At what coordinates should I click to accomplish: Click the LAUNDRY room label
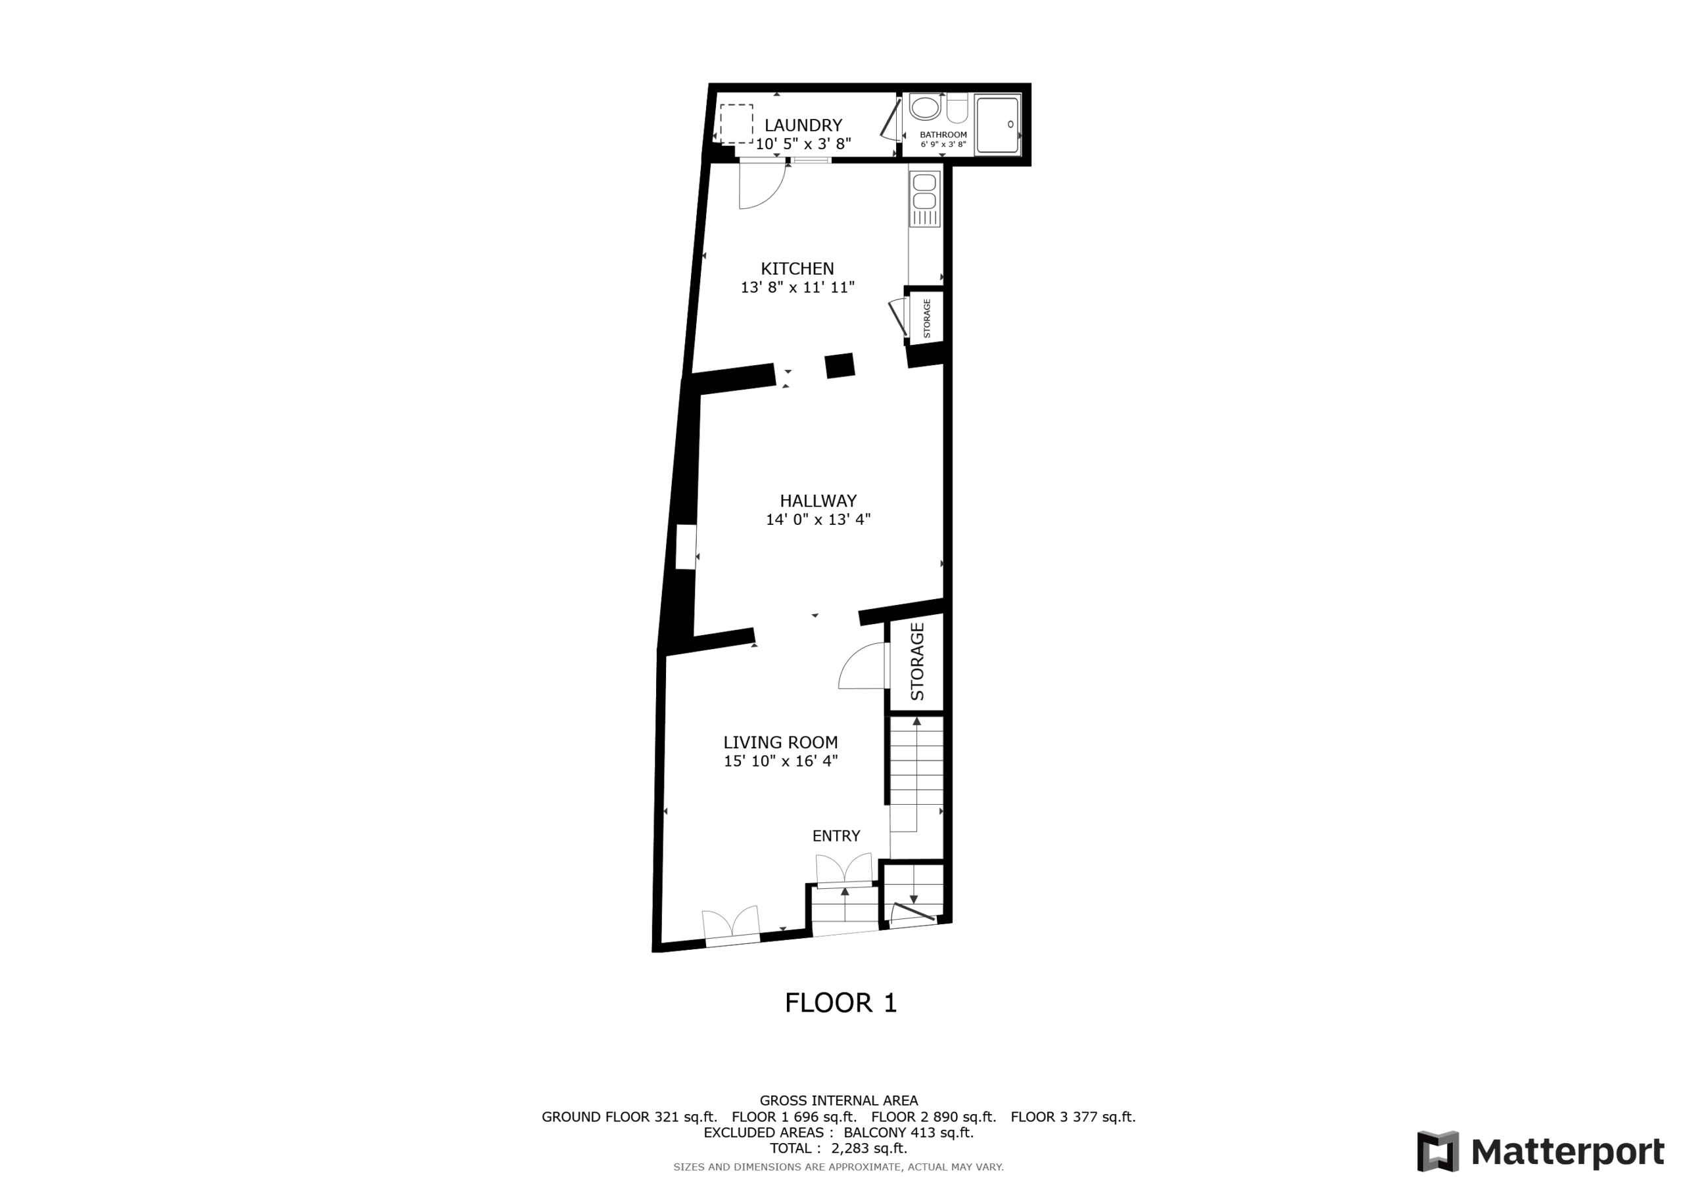click(803, 125)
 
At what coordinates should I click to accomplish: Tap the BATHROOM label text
click(943, 135)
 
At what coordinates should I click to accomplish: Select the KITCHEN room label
click(797, 269)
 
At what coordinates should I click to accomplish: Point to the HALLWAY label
click(818, 501)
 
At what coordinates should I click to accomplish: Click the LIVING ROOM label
click(780, 742)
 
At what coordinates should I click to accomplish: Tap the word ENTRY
click(836, 836)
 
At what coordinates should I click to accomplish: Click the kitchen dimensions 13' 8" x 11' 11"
click(797, 287)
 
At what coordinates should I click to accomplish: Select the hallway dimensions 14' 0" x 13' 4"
click(818, 520)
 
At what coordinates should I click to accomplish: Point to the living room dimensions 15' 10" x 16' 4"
click(780, 761)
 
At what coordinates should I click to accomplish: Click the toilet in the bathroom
click(957, 108)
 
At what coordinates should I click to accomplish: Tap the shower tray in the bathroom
click(997, 125)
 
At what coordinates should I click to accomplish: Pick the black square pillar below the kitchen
click(840, 365)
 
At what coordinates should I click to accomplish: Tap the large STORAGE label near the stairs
click(917, 662)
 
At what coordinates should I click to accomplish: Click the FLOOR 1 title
click(841, 1003)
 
